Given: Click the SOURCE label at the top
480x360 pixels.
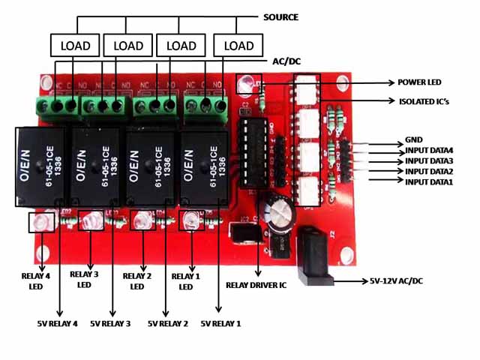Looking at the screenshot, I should click(281, 16).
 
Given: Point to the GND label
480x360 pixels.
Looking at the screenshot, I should click(413, 139).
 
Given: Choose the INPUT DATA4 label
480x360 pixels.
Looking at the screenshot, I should click(429, 150).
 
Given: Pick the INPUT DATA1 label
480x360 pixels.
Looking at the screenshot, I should click(429, 182).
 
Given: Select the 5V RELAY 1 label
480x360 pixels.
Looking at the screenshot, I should click(220, 324).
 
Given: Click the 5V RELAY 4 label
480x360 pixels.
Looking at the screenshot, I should click(58, 324).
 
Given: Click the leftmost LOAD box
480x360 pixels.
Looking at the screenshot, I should click(75, 46).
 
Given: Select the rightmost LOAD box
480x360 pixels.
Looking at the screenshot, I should click(239, 46).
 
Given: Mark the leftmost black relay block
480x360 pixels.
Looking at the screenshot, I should click(42, 166).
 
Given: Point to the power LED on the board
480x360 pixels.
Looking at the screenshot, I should click(246, 85).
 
